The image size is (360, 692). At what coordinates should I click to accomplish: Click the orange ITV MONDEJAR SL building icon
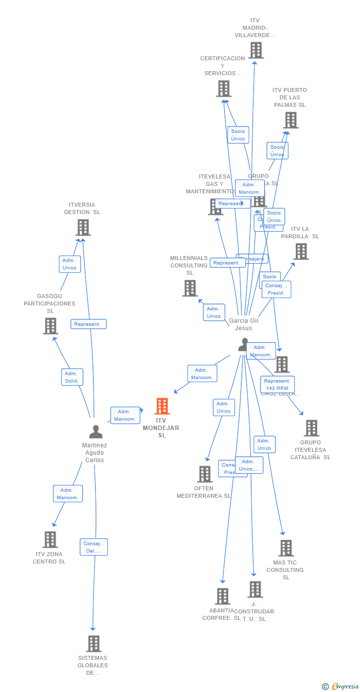(x=162, y=406)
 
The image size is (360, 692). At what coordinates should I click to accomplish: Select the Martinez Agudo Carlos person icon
(x=95, y=432)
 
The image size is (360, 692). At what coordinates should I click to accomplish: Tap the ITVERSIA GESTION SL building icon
(x=83, y=228)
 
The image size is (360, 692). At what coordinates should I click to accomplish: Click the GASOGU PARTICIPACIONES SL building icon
(x=50, y=326)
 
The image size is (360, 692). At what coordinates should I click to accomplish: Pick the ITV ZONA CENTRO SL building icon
(x=50, y=540)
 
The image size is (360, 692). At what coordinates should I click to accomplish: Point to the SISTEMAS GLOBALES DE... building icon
(x=93, y=644)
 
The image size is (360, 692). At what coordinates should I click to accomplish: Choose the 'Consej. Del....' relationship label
(x=93, y=547)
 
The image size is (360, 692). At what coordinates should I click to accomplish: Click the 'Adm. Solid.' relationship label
(x=72, y=377)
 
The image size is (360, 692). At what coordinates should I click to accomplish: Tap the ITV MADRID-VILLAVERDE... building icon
(x=256, y=50)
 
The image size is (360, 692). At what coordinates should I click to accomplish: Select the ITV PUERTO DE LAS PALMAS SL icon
(x=290, y=120)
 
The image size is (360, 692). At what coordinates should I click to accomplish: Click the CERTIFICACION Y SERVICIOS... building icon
(x=224, y=89)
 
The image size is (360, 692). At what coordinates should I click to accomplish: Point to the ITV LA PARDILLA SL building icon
(x=301, y=252)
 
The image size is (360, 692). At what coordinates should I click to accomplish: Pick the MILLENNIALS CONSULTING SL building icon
(x=190, y=288)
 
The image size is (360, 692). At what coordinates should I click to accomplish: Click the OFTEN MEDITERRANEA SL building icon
(x=204, y=474)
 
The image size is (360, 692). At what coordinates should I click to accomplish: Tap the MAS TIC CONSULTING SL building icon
(x=286, y=548)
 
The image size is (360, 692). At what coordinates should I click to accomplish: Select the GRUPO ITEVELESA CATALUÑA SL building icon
(x=311, y=428)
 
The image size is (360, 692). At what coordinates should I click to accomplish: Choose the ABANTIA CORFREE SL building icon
(x=223, y=596)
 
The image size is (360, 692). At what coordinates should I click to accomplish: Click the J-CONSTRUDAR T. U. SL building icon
(x=255, y=589)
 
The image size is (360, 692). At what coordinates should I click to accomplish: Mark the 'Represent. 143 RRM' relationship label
(x=277, y=385)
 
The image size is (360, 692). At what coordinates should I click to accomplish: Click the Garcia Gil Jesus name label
(x=243, y=324)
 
